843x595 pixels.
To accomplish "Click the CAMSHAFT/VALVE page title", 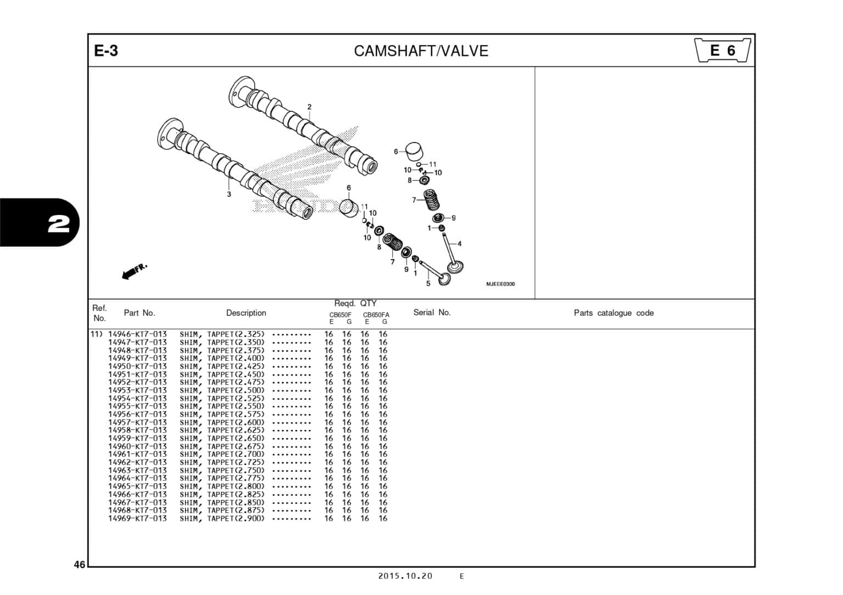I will pyautogui.click(x=421, y=51).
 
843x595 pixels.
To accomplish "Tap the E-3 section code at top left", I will pyautogui.click(x=106, y=51).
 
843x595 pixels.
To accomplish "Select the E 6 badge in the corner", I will pyautogui.click(x=722, y=50).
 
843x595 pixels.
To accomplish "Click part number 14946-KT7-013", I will pyautogui.click(x=137, y=334).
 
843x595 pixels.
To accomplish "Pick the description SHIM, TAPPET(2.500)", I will pyautogui.click(x=222, y=390).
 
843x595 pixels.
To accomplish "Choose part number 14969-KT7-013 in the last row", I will pyautogui.click(x=137, y=518).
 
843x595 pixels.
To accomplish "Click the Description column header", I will pyautogui.click(x=246, y=313).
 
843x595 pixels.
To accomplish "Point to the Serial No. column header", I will pyautogui.click(x=431, y=313).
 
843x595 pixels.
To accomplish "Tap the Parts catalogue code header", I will pyautogui.click(x=613, y=313).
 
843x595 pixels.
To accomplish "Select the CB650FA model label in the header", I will pyautogui.click(x=376, y=315).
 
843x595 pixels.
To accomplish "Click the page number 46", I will pyautogui.click(x=80, y=565).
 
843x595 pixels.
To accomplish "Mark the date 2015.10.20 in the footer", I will pyautogui.click(x=405, y=576).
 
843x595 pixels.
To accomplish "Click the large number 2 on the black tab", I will pyautogui.click(x=59, y=223).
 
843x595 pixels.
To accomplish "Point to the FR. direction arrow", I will pyautogui.click(x=134, y=271).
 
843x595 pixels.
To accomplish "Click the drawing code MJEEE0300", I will pyautogui.click(x=500, y=284).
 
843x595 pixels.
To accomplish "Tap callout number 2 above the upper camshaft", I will pyautogui.click(x=310, y=107).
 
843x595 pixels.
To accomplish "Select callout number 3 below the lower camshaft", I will pyautogui.click(x=229, y=194).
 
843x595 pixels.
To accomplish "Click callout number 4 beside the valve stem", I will pyautogui.click(x=459, y=243).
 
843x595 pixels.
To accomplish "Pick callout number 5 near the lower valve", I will pyautogui.click(x=428, y=284).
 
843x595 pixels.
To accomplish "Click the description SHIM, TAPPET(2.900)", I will pyautogui.click(x=222, y=518).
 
